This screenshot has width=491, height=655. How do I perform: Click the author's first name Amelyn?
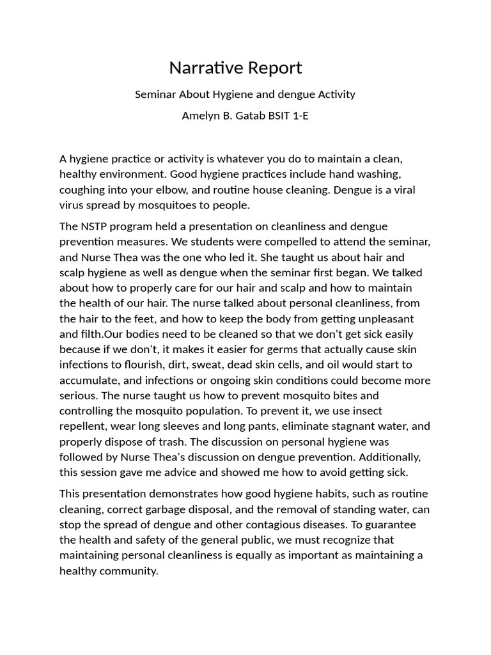[201, 117]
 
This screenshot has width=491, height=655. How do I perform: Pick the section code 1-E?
[299, 117]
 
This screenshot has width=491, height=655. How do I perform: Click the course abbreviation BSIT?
[275, 117]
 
